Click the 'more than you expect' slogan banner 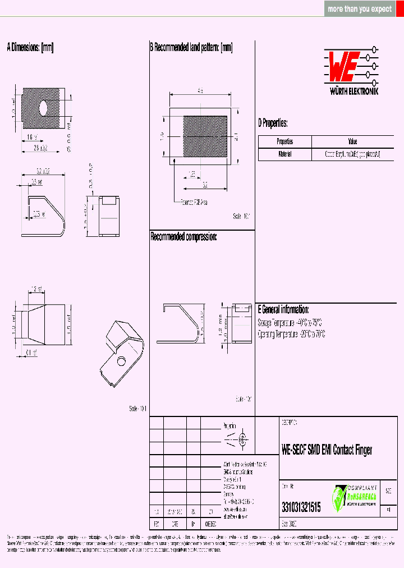(360, 9)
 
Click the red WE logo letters (341, 67)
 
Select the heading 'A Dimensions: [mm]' (30, 48)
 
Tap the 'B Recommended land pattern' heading (191, 48)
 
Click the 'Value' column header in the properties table (352, 141)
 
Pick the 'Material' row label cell (284, 154)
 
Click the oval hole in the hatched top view (44, 106)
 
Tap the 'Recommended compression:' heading (183, 237)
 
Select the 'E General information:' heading (283, 309)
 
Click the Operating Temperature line (292, 334)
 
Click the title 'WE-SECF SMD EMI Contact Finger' (327, 450)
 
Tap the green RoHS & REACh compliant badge (355, 498)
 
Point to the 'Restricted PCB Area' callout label (194, 202)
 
